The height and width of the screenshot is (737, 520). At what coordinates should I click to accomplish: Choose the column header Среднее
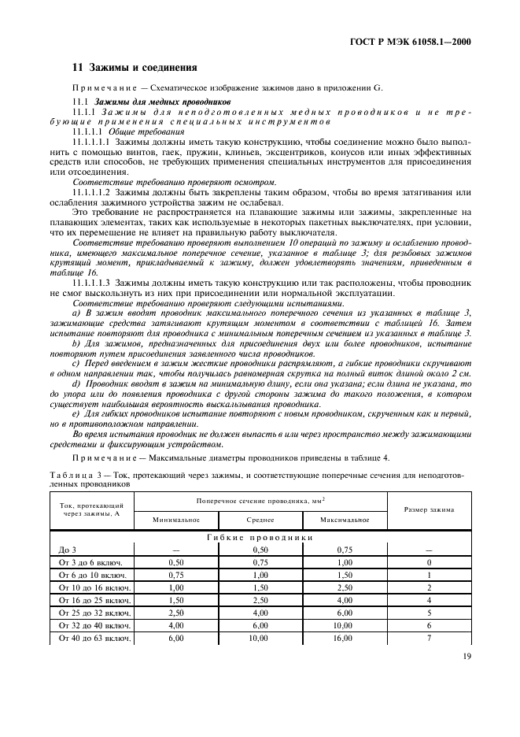[x=260, y=520]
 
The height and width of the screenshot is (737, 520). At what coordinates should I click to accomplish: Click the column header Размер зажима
[x=429, y=509]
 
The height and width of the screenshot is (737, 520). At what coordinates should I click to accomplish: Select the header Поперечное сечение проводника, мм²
[x=260, y=500]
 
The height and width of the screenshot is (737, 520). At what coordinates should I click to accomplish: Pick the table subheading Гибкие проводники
[x=260, y=537]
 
